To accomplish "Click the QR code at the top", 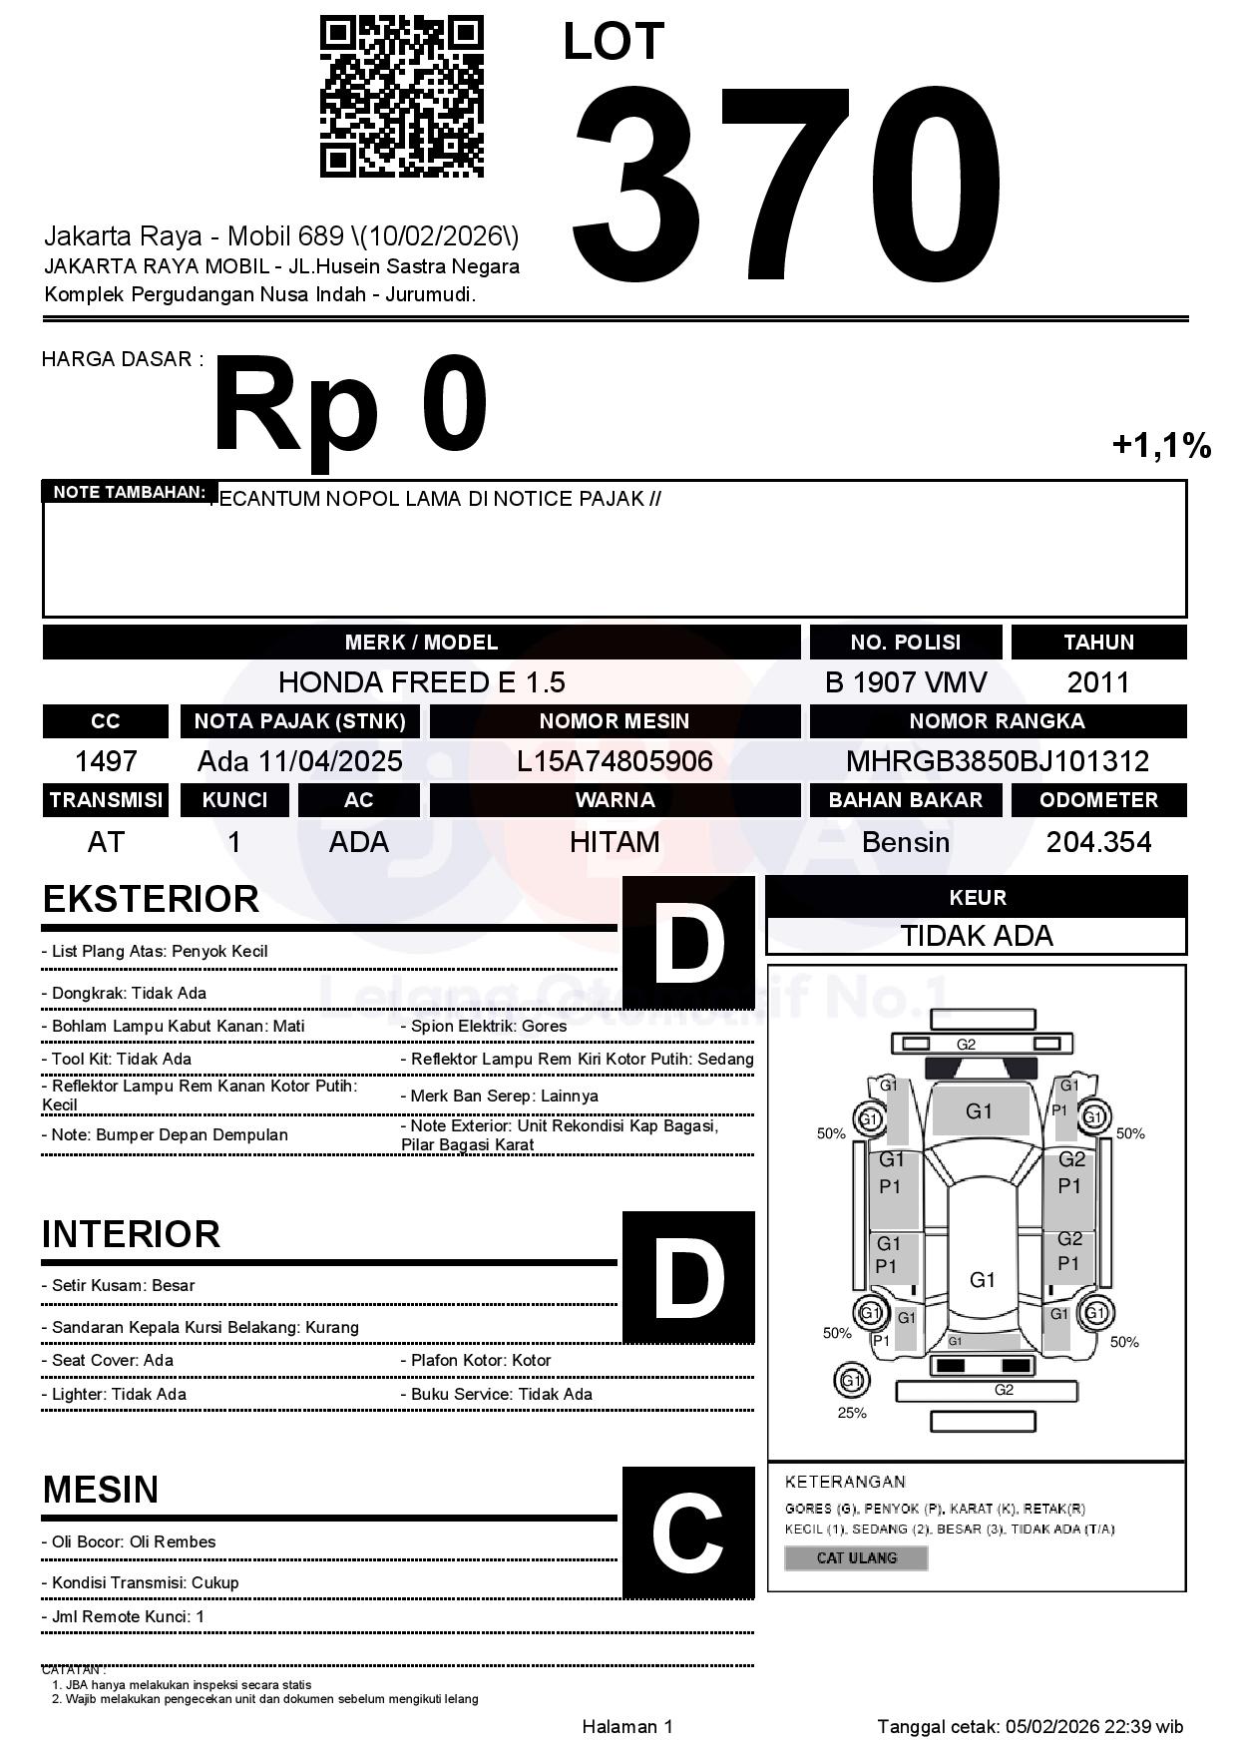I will [x=401, y=97].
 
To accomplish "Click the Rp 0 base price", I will [x=350, y=406].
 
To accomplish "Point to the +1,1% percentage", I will [x=1161, y=445].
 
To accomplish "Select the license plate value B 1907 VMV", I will [x=906, y=682].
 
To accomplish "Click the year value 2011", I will [x=1098, y=682].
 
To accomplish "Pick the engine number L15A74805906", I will [x=615, y=762].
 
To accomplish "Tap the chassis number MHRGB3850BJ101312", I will [x=998, y=762].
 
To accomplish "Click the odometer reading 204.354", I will [x=1098, y=843].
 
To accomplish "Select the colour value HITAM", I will [x=615, y=843].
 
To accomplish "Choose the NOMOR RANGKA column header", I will [x=998, y=721].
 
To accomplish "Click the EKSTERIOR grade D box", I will [x=688, y=942].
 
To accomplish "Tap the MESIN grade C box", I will [x=688, y=1532].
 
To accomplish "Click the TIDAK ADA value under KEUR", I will [x=977, y=936].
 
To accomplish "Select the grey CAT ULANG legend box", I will [x=856, y=1557].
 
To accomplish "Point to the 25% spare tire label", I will [x=852, y=1413].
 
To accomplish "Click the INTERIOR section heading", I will [x=131, y=1234].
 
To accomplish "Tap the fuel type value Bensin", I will [x=906, y=843].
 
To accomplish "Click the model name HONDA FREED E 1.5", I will [x=421, y=682].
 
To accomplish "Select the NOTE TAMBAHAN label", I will [x=130, y=492].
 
